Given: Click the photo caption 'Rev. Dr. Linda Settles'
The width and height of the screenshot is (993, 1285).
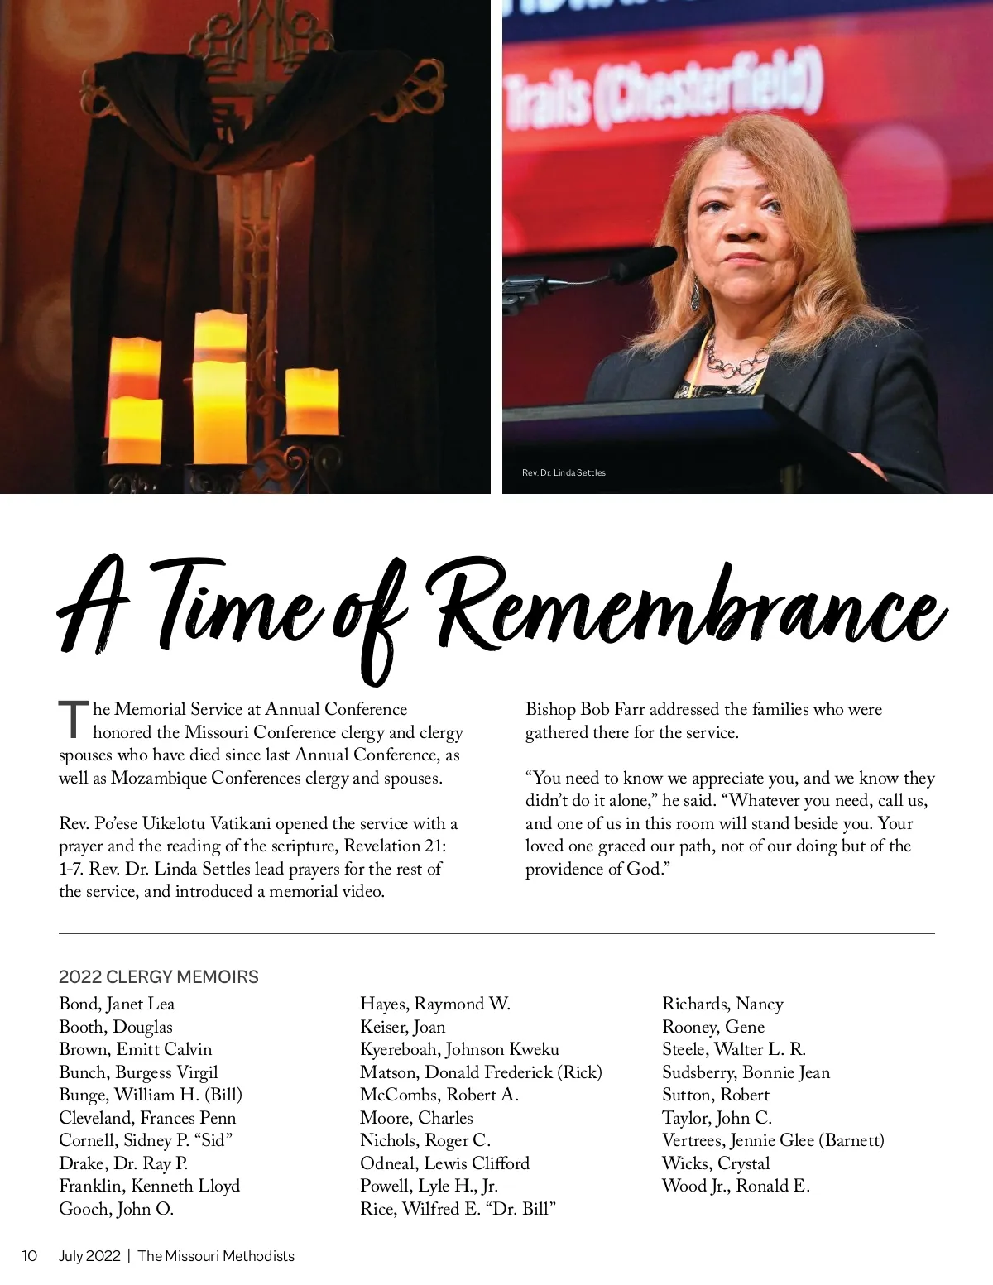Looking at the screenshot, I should (x=564, y=472).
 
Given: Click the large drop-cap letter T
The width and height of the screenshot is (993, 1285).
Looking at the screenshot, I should (x=73, y=719).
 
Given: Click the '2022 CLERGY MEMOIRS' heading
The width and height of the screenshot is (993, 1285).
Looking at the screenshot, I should (x=159, y=976).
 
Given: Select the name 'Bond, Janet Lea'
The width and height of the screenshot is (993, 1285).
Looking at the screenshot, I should (x=117, y=1004).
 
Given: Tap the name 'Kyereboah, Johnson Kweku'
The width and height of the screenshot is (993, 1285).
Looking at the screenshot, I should (x=459, y=1049).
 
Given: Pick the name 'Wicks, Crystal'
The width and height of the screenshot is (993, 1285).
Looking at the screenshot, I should (x=716, y=1163).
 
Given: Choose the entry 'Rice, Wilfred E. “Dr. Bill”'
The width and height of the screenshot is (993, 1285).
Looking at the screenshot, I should (x=458, y=1209).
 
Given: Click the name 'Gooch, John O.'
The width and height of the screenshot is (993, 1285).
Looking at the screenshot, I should (x=116, y=1209).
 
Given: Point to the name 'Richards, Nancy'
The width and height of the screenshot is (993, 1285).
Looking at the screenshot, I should (x=722, y=1004).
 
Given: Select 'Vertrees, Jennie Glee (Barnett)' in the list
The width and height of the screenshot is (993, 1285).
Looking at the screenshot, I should (x=773, y=1140).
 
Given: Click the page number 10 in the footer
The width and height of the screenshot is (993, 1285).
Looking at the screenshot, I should (x=30, y=1255).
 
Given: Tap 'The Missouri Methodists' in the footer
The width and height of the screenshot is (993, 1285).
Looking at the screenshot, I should (x=216, y=1255).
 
